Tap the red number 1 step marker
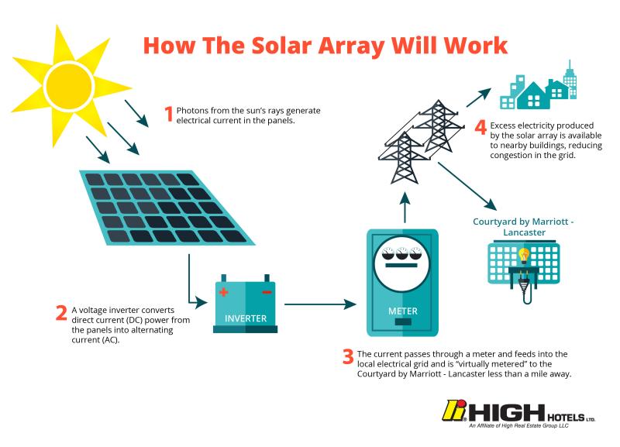click(x=169, y=115)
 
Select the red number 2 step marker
click(x=61, y=313)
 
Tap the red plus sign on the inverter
click(x=225, y=293)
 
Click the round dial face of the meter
click(x=402, y=264)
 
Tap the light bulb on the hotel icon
click(x=524, y=256)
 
